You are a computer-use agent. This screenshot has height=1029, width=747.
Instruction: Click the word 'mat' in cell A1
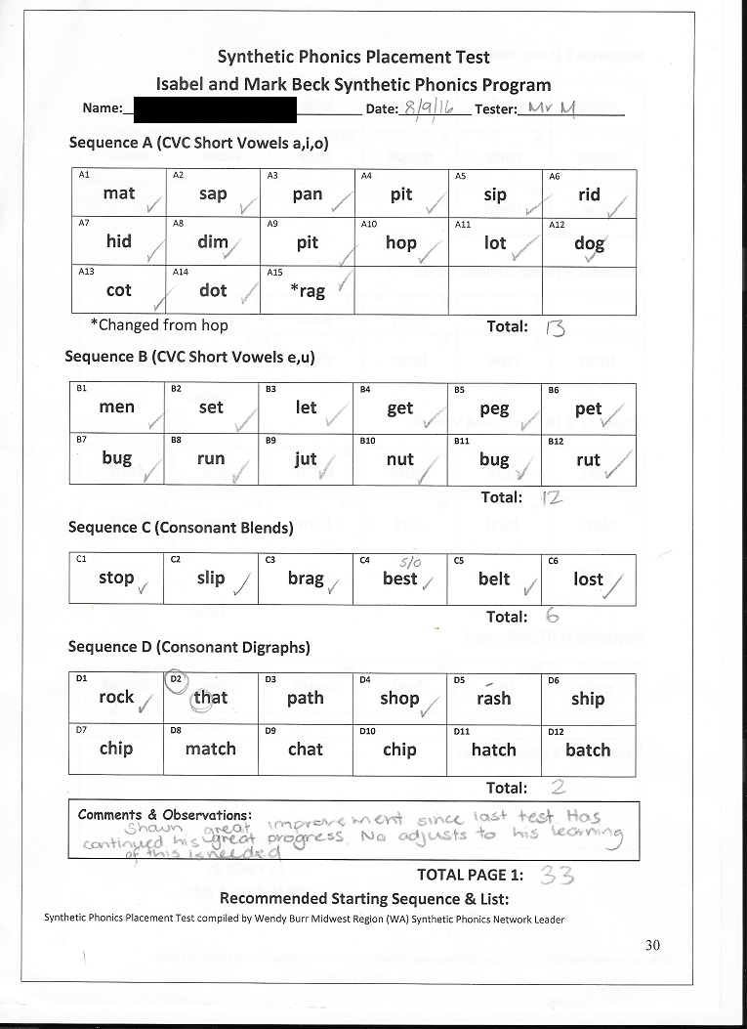point(118,193)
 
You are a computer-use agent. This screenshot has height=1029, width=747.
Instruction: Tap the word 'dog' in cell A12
point(589,243)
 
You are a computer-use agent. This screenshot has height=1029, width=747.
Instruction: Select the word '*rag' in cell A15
point(308,291)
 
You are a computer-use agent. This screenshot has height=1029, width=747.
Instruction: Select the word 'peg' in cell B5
point(494,408)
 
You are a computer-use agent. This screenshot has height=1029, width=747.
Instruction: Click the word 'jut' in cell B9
point(306,459)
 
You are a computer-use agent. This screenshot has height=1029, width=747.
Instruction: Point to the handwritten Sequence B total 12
point(553,497)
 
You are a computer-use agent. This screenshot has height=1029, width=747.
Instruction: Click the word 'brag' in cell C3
point(305,579)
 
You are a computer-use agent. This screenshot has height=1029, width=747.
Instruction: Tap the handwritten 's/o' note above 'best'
point(410,562)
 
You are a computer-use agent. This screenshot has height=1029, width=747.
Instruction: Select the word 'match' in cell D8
point(210,750)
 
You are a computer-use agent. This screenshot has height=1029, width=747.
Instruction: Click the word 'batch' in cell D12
point(588,750)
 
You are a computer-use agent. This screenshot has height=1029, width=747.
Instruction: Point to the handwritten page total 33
point(557,876)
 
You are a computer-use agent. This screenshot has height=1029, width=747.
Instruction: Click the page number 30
point(654,944)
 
